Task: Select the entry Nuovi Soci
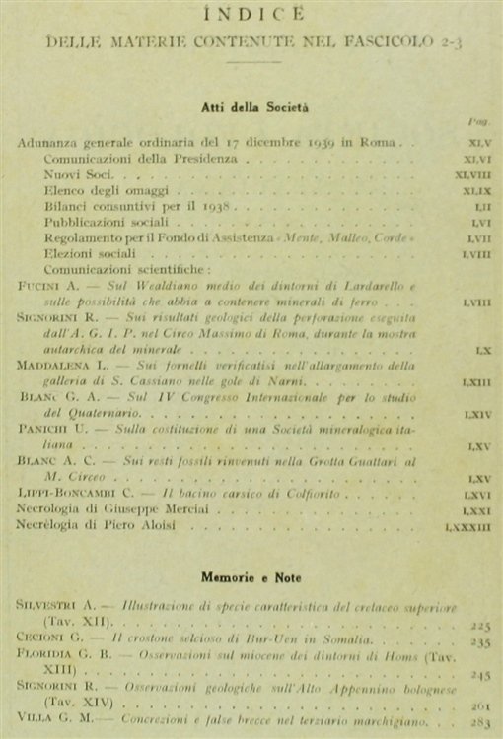pos(77,172)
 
